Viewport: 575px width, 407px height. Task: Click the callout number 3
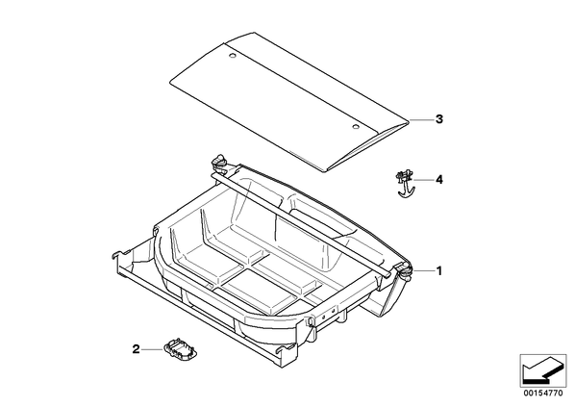point(439,119)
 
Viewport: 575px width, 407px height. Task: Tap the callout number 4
point(439,180)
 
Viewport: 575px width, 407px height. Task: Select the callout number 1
point(439,271)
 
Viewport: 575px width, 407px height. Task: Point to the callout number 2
point(136,349)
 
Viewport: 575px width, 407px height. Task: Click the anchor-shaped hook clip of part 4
point(405,185)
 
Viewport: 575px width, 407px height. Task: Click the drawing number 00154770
point(542,394)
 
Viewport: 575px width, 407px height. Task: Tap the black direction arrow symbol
point(542,369)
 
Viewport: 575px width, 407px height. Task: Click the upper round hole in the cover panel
point(232,56)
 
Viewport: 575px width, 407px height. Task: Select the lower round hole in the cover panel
point(356,127)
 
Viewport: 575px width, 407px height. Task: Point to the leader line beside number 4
point(423,180)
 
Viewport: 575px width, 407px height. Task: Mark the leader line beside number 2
point(152,349)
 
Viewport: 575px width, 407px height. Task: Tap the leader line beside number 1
point(423,270)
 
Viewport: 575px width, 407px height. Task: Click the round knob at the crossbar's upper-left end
point(219,161)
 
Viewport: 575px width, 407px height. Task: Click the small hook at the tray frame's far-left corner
point(119,254)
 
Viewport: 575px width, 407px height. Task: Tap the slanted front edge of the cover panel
point(367,147)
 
